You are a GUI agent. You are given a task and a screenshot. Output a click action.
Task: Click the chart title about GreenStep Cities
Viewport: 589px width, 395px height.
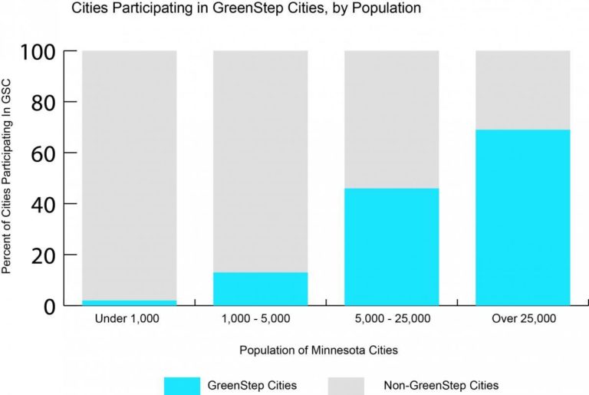point(246,9)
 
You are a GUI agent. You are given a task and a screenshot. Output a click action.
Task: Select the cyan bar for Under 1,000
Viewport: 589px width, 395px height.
point(129,302)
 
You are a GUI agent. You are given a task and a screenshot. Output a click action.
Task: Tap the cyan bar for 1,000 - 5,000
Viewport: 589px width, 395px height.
point(260,288)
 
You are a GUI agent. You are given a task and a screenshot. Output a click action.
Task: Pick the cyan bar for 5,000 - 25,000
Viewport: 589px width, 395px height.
point(391,246)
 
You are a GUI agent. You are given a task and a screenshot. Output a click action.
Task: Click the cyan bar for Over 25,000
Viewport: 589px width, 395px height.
point(522,217)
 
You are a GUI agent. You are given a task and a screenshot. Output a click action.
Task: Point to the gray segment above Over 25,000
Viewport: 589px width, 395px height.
point(522,90)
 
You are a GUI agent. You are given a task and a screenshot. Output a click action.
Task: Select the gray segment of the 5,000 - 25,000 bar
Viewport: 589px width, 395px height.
point(391,119)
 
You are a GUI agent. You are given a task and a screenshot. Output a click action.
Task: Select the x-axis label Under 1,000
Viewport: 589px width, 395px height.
point(129,318)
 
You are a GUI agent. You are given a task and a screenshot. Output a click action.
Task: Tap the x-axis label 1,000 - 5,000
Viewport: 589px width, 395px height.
point(260,318)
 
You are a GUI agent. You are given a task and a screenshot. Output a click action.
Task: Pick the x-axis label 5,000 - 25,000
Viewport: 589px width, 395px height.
point(391,318)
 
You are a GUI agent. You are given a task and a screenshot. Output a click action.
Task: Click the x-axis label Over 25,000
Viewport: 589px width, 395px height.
point(522,318)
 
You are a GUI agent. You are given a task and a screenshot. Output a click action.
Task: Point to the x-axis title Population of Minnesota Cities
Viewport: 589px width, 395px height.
point(318,351)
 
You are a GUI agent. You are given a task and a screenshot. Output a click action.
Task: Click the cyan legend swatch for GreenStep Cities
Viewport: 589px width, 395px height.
point(181,385)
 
